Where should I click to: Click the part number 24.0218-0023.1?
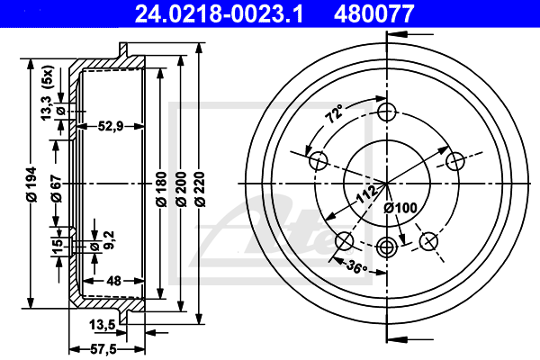click(219, 13)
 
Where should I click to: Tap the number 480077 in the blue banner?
click(374, 13)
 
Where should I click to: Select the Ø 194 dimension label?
click(31, 184)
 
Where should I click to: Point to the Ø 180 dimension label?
click(161, 189)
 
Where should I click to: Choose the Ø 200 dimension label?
click(181, 189)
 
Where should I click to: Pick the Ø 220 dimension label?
click(200, 189)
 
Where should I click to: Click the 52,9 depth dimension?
click(111, 126)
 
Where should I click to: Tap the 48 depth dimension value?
click(113, 281)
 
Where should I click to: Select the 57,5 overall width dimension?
click(103, 350)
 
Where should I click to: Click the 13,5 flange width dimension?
click(103, 325)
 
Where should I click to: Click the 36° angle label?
click(356, 266)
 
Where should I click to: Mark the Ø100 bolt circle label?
click(400, 208)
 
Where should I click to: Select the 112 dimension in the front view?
click(367, 194)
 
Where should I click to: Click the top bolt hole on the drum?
click(387, 112)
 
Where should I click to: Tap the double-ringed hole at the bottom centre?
click(387, 247)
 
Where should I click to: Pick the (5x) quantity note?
click(47, 76)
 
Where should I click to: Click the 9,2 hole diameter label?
click(109, 239)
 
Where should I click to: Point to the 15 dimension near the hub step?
click(58, 244)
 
